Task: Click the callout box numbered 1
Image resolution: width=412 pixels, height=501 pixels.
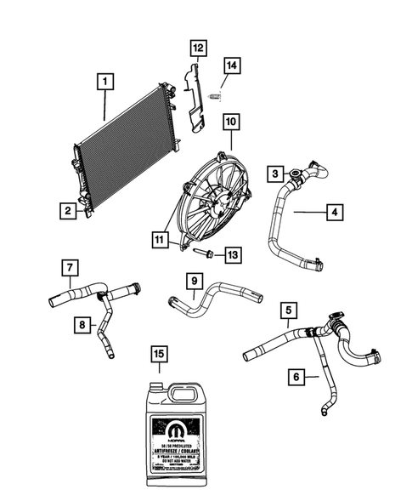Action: point(104,83)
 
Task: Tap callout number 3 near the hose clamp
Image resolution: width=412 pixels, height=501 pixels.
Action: point(276,174)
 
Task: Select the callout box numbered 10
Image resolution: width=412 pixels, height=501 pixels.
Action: point(229,122)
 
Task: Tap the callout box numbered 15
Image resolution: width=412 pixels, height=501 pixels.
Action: point(157,352)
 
